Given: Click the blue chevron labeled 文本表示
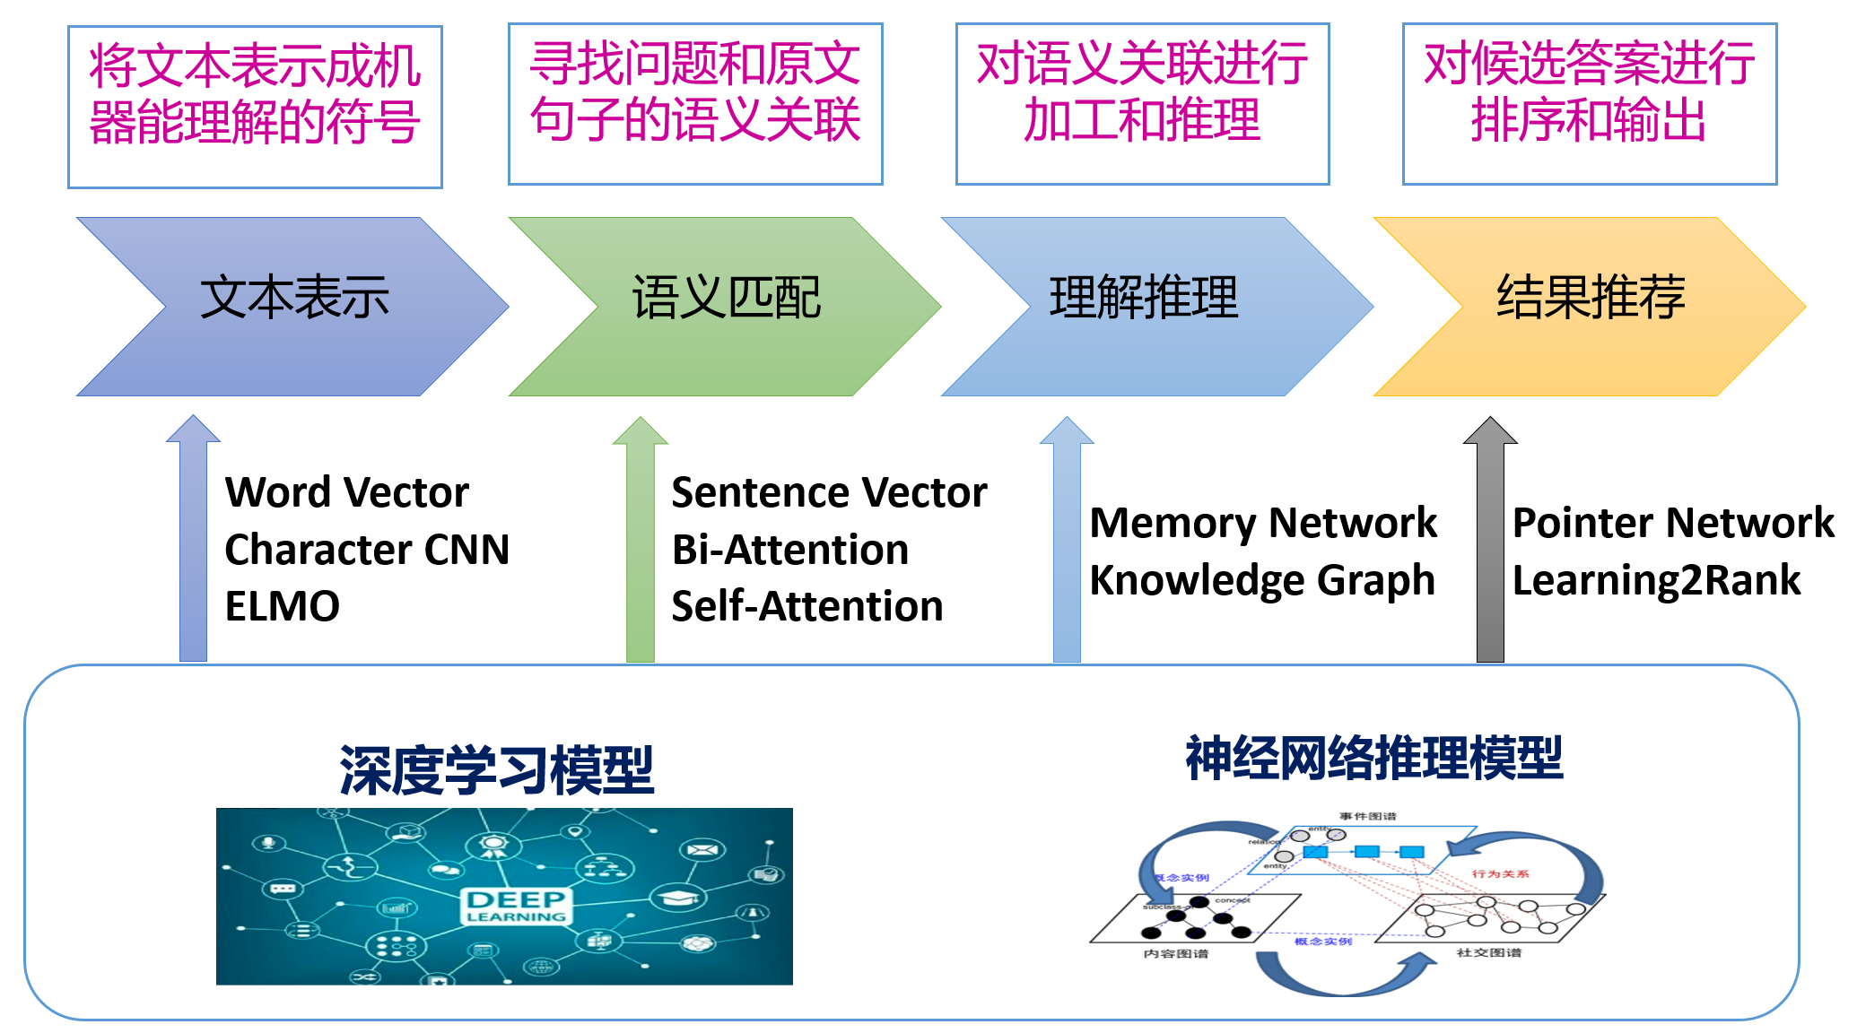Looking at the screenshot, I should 294,306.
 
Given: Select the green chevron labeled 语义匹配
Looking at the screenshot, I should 726,306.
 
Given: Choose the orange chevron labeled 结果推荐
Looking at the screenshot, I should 1590,306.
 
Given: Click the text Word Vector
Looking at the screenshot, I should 346,491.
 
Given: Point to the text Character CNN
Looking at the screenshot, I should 367,549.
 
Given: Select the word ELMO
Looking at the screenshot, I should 283,606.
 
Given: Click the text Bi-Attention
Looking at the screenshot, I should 790,549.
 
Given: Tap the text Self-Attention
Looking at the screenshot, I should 807,606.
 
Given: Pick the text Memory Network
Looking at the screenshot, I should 1263,522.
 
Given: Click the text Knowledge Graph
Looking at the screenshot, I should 1262,579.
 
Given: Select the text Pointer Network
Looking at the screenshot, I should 1673,522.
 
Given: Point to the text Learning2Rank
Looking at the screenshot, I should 1656,579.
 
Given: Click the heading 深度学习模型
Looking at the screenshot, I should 497,770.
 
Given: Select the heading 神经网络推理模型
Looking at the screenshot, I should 1374,758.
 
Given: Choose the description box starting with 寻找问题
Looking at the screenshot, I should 695,104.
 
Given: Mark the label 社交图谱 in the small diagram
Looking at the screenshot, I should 1488,952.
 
